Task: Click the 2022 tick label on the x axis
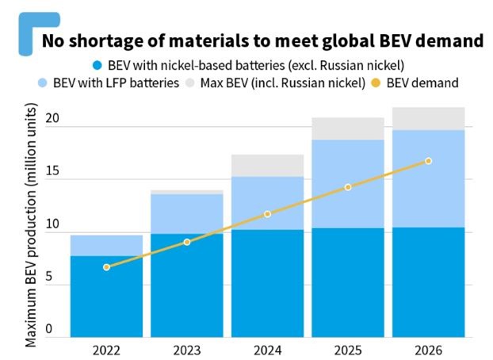106,350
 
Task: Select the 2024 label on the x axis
268,350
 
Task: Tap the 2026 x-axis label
427,350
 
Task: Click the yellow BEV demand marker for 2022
106,267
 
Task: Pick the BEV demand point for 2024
268,214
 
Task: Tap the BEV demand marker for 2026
429,161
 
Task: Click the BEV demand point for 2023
187,242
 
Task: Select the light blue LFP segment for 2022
106,246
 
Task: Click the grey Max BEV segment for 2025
348,128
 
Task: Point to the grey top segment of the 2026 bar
429,119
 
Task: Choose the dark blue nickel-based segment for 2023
187,285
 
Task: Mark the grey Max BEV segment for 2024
268,165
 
